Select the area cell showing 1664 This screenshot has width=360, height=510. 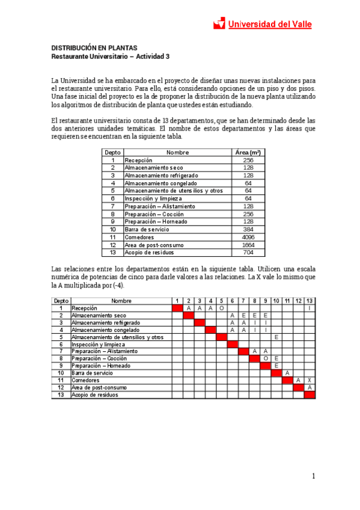coord(248,245)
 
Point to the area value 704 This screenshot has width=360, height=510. coord(248,253)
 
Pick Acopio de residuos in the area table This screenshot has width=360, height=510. coord(146,253)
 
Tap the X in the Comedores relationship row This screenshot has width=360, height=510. coord(309,380)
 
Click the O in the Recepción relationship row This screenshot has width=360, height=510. coord(221,308)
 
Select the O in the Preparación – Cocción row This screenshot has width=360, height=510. coord(265,358)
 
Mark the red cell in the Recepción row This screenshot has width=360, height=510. coord(177,308)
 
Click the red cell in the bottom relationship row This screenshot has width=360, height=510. coord(309,395)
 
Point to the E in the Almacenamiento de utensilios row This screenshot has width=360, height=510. coord(276,337)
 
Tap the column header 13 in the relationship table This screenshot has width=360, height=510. coord(309,301)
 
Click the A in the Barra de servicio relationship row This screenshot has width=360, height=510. coord(287,373)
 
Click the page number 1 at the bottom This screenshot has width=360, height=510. coord(314,476)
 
